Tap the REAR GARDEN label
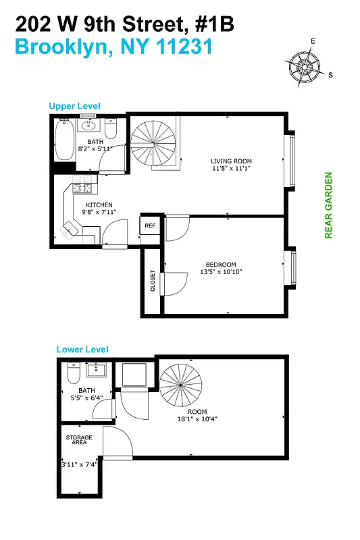pos(329,205)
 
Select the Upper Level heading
pos(74,106)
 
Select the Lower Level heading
pos(82,350)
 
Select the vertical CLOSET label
pos(153,281)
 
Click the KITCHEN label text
pos(99,205)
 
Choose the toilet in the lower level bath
pos(74,373)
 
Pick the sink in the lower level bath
pos(99,369)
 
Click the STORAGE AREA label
pos(80,441)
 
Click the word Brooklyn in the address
pos(56,47)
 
